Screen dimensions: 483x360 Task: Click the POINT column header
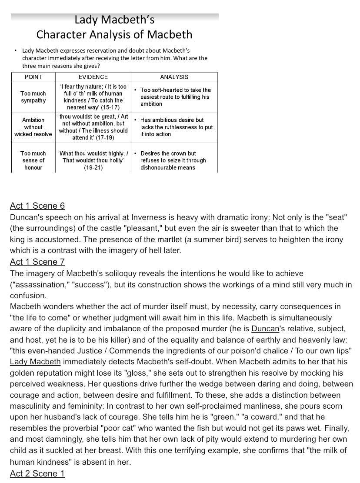pos(33,77)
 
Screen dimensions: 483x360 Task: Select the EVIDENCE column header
pos(93,77)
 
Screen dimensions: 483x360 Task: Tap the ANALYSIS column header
pos(174,77)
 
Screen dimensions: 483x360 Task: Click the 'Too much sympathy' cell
pos(33,97)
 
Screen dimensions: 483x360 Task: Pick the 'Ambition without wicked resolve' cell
pos(33,127)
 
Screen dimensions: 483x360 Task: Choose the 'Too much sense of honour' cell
pos(33,160)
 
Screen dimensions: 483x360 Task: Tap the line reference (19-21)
pos(93,167)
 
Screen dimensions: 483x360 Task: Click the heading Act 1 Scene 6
pos(37,206)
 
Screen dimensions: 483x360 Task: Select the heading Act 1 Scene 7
pos(37,262)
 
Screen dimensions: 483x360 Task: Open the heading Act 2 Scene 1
pos(37,473)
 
